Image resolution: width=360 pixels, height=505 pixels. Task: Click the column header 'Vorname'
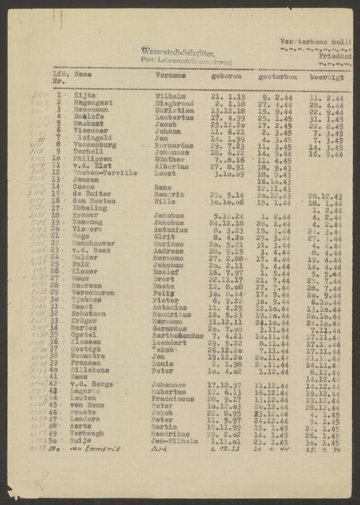[x=171, y=76]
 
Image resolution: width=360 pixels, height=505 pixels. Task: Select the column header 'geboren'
[x=226, y=76]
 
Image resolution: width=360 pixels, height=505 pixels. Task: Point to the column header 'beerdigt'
[x=327, y=77]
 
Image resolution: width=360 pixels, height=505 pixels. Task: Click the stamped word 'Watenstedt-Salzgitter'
[x=178, y=53]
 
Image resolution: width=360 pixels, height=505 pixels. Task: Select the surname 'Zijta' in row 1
[x=84, y=95]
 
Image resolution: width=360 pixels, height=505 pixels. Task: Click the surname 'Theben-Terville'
[x=105, y=173]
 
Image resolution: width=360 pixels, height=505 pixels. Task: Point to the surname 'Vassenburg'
[x=95, y=144]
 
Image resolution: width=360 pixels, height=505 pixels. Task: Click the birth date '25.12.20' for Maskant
[x=226, y=124]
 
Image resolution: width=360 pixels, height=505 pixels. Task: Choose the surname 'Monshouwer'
[x=94, y=243]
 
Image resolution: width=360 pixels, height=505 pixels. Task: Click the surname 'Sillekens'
[x=91, y=370]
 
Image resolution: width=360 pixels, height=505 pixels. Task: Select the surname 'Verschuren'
[x=96, y=293]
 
